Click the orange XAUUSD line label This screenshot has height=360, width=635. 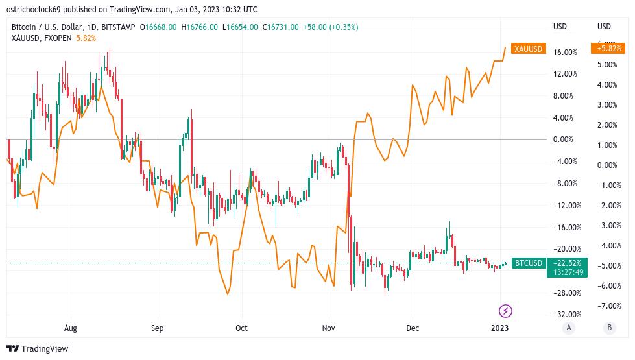click(528, 49)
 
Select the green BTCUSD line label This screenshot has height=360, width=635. click(528, 263)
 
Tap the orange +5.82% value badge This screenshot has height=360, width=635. click(607, 49)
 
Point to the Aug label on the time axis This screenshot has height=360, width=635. click(70, 328)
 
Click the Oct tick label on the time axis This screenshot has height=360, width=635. click(241, 328)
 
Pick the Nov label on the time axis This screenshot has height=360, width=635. click(329, 328)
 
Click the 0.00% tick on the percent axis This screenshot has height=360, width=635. click(562, 139)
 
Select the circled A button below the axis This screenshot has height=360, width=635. click(569, 328)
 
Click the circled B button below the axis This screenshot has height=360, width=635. click(609, 328)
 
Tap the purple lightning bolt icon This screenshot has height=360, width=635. click(506, 311)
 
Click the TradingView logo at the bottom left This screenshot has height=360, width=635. click(38, 348)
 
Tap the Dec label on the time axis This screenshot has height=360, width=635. click(412, 328)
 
